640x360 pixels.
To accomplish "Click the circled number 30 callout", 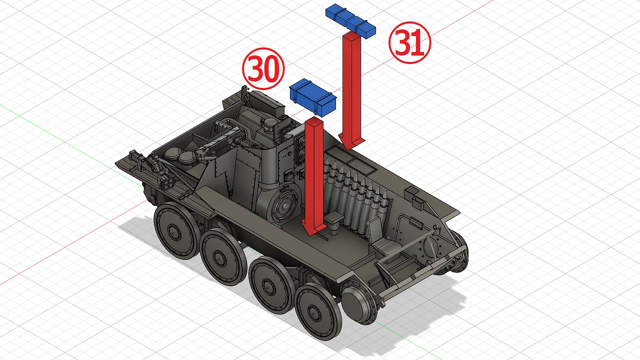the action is pos(263,68).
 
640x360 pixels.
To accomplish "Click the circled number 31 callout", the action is pos(409,42).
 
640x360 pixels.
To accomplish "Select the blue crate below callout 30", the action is pos(312,97).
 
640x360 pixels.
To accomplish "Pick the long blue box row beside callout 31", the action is pos(350,20).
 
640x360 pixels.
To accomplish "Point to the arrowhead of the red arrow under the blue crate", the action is pos(313,228).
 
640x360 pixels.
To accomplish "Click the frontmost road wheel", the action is pos(318,311).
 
